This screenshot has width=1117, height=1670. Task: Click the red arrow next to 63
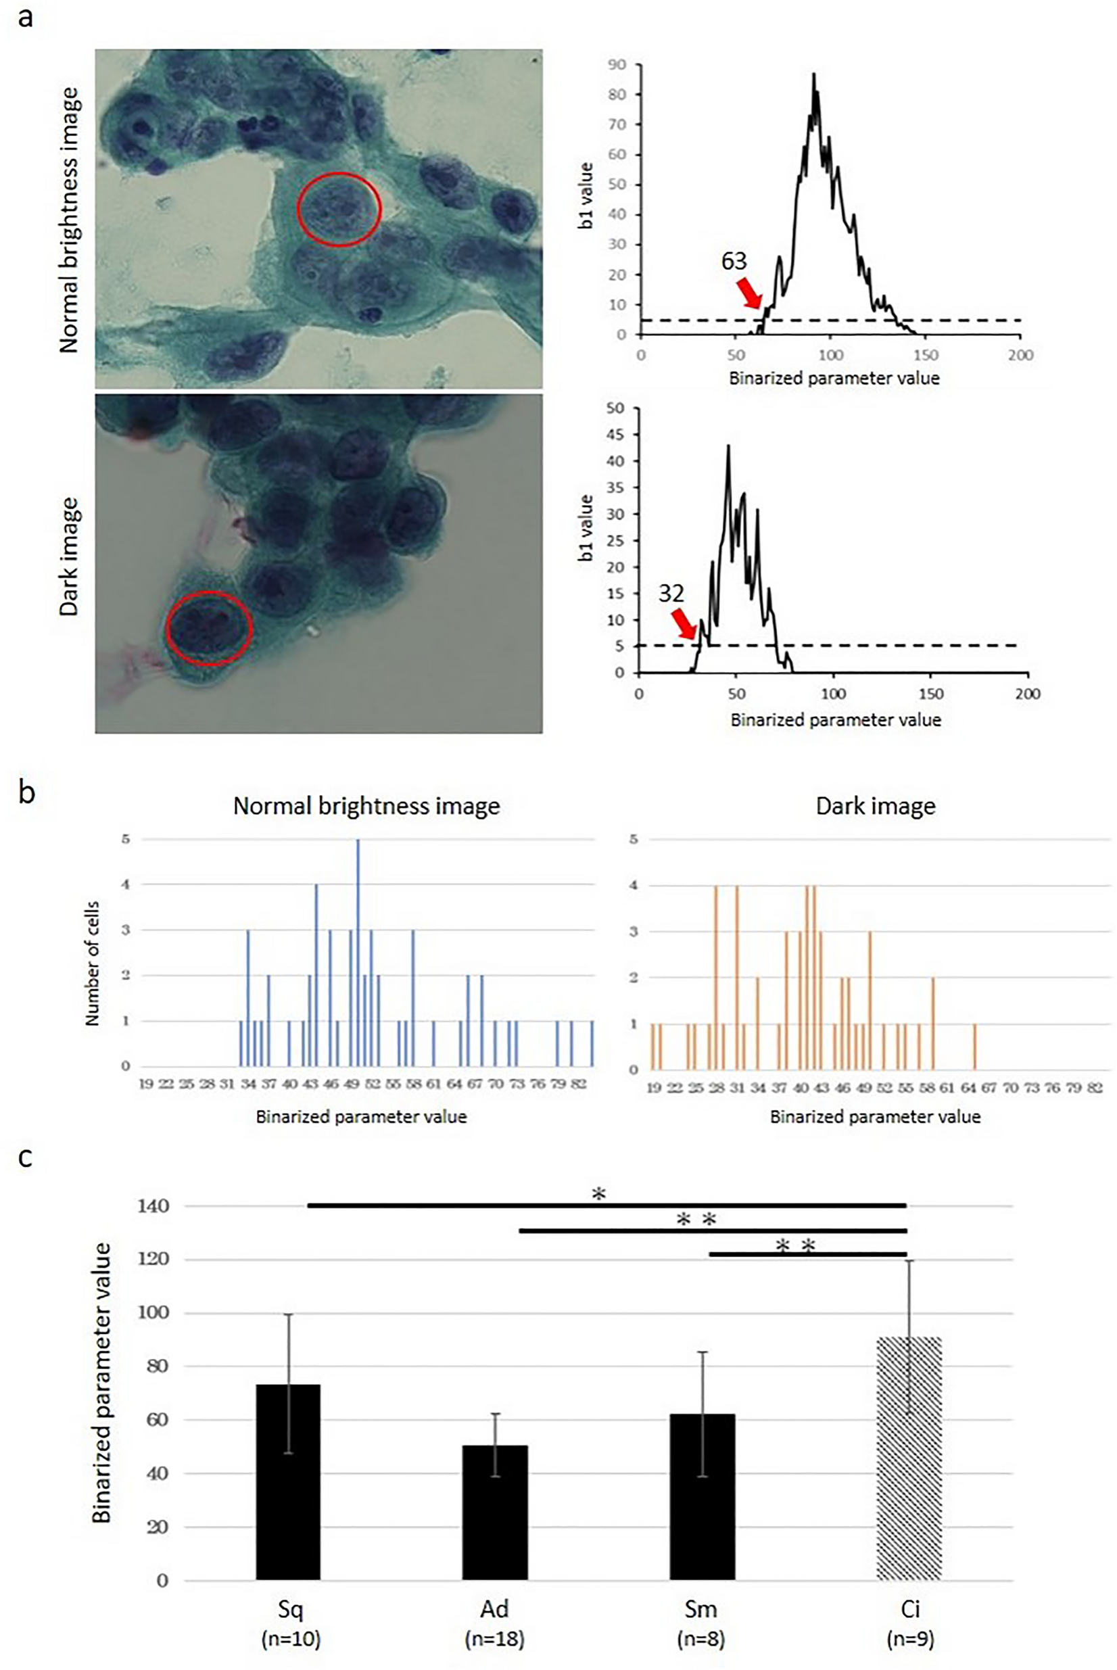[x=749, y=291]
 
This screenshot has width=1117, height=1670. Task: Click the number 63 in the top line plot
[x=734, y=262]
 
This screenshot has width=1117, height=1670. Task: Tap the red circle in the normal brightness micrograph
[x=339, y=210]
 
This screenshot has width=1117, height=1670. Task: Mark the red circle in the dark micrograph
[x=210, y=628]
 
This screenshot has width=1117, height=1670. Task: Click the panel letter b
[x=26, y=792]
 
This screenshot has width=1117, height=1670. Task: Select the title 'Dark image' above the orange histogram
[x=876, y=806]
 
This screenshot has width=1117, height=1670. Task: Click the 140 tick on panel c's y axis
[x=153, y=1206]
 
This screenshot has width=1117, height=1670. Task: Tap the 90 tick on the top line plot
[x=617, y=65]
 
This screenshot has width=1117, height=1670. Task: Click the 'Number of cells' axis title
[x=92, y=963]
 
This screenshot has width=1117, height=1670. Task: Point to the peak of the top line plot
[x=813, y=74]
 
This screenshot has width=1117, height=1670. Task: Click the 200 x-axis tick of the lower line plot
[x=1027, y=694]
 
